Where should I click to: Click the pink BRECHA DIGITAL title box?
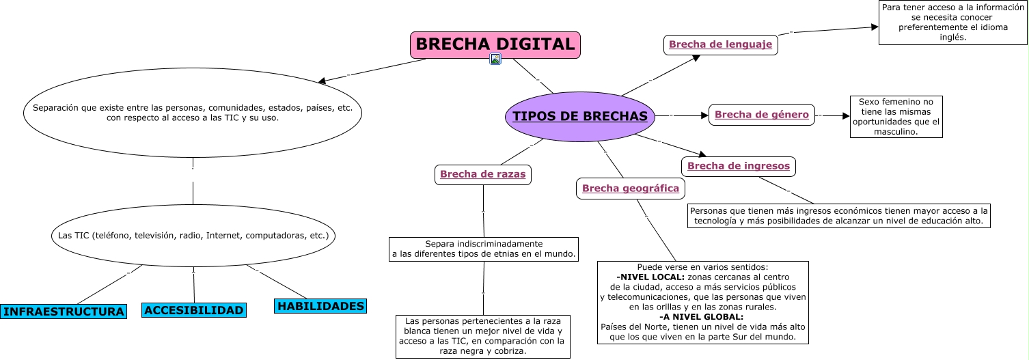[x=495, y=44]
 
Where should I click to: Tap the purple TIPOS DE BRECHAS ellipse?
[x=579, y=116]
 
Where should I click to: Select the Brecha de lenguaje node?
[x=720, y=44]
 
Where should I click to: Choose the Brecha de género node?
[x=761, y=115]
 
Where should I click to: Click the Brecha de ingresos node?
[x=738, y=166]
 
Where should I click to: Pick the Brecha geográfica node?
[x=630, y=189]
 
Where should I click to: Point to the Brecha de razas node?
[x=482, y=174]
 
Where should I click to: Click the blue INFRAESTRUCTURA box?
[x=64, y=311]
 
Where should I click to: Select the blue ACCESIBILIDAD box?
[x=194, y=310]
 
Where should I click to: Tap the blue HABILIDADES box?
[x=320, y=306]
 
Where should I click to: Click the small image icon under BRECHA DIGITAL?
[x=496, y=59]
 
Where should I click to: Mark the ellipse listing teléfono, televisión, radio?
[x=193, y=236]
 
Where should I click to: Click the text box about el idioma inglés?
[x=952, y=23]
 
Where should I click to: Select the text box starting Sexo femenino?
[x=896, y=117]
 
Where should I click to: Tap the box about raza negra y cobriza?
[x=482, y=336]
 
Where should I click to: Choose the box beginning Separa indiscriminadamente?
[x=483, y=249]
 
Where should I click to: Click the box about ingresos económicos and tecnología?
[x=838, y=216]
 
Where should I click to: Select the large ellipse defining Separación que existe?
[x=193, y=113]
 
